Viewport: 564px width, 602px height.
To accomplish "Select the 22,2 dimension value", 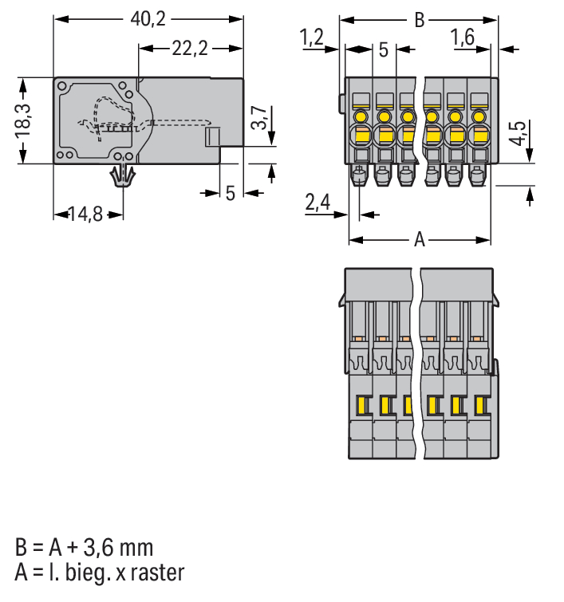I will (x=190, y=49).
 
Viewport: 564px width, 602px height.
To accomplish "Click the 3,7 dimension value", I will (x=260, y=118).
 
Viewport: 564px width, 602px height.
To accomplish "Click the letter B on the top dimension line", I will (x=420, y=19).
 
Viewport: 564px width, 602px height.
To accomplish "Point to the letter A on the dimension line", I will (x=420, y=239).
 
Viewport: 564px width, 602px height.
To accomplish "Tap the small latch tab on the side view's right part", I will (x=212, y=137).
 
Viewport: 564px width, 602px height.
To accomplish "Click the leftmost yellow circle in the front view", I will (x=360, y=118).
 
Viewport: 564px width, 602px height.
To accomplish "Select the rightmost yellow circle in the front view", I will (x=479, y=118).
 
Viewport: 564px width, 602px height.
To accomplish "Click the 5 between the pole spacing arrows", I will (x=383, y=50).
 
